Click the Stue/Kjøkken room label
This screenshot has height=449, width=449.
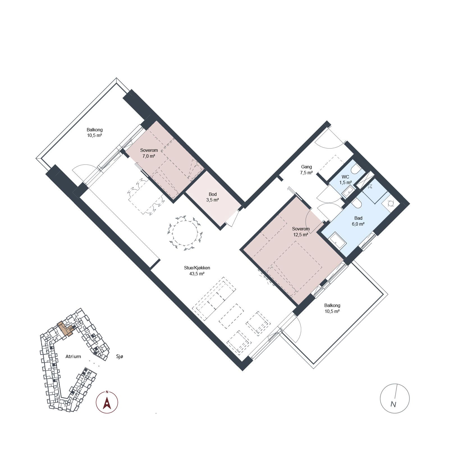click(x=197, y=268)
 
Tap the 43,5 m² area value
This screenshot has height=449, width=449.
click(x=197, y=274)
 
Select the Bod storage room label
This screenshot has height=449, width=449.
click(x=213, y=194)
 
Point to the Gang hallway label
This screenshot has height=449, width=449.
click(x=306, y=167)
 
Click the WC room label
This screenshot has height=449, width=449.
click(x=345, y=177)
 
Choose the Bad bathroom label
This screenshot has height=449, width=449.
click(x=358, y=218)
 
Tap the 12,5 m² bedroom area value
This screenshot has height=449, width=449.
click(x=301, y=235)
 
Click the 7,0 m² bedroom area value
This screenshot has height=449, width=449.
click(x=149, y=156)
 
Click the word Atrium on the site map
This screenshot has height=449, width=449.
click(x=73, y=356)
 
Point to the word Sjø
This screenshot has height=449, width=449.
click(x=120, y=357)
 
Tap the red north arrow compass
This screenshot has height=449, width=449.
click(x=107, y=402)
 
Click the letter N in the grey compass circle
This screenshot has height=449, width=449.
click(x=393, y=404)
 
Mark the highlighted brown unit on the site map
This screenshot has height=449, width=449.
click(x=66, y=329)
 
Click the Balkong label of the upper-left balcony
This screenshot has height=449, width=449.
click(x=95, y=130)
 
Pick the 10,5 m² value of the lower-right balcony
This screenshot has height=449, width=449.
click(x=332, y=311)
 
